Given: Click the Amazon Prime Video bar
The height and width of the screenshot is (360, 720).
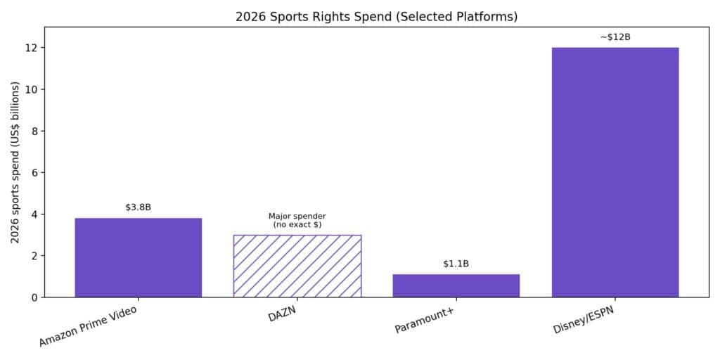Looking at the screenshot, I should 138,257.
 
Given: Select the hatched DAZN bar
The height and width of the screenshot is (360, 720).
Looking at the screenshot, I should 297,266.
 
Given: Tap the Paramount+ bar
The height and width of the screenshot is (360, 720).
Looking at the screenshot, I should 456,285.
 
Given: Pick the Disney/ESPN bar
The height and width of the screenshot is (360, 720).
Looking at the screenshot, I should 615,172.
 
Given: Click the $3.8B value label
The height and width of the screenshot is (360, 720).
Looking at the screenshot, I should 138,207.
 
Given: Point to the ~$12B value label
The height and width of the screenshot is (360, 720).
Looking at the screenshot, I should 615,37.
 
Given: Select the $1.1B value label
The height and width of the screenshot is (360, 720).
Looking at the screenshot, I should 456,264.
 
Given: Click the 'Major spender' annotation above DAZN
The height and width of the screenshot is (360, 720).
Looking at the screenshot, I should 297,220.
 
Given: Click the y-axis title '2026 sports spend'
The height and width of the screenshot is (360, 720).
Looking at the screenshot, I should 15,162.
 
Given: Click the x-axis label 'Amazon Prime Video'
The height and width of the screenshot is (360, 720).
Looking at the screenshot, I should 87,326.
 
